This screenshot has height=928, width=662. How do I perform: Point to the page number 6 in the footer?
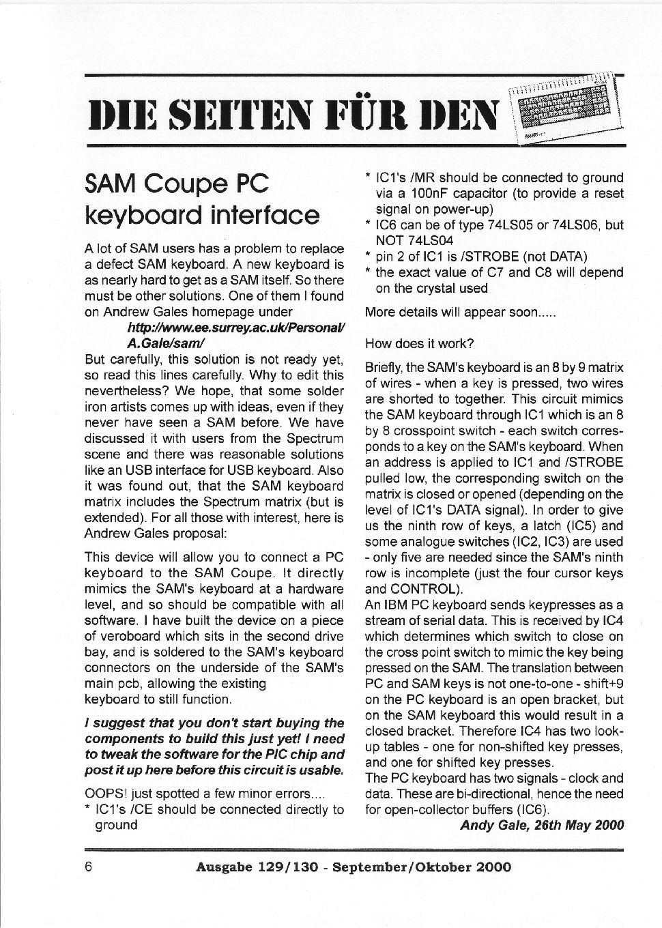click(89, 867)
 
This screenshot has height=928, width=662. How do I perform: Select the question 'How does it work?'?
click(419, 343)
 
